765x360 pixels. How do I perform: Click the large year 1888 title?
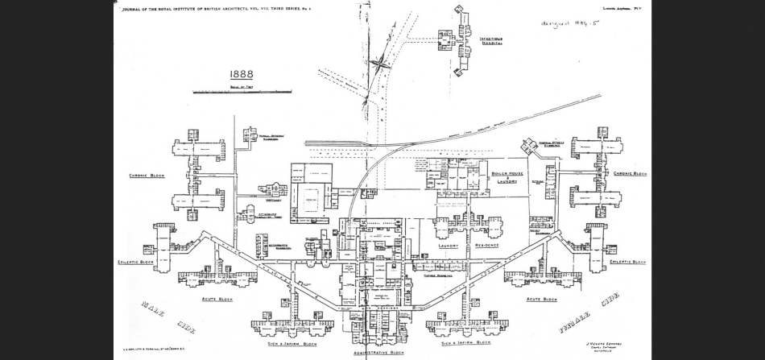[242, 74]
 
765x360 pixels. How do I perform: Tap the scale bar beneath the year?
[242, 91]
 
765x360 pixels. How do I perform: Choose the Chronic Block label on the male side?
[147, 175]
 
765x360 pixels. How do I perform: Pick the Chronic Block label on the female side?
[630, 173]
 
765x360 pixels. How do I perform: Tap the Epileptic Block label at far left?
[135, 262]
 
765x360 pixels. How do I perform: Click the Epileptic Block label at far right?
[627, 262]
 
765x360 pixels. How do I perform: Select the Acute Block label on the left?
[217, 299]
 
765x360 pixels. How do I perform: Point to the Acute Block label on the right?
[541, 299]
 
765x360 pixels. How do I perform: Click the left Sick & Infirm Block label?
[292, 343]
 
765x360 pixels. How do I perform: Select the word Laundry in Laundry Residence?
[449, 246]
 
